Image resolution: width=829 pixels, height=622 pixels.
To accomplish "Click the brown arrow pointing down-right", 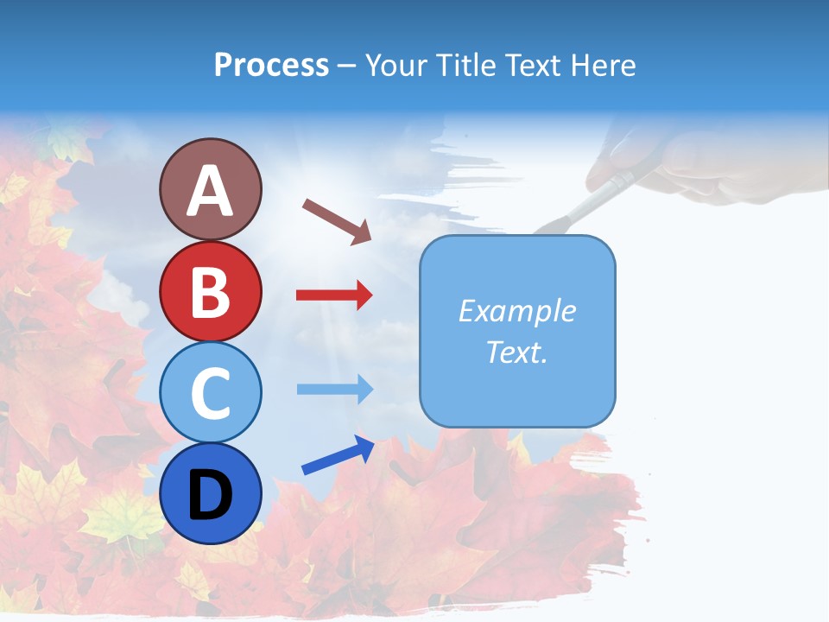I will click(337, 220).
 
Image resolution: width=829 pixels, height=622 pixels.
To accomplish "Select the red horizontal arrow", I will click(335, 295).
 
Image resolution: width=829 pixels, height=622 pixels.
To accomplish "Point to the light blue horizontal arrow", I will click(335, 389).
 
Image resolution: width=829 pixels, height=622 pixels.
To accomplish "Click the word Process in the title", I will click(271, 65).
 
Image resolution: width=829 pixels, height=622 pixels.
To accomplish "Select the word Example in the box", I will click(517, 311).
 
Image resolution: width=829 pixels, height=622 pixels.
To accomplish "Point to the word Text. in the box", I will click(517, 352).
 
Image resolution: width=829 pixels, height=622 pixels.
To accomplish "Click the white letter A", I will click(210, 191).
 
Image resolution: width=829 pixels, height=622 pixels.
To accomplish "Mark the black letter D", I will click(210, 496).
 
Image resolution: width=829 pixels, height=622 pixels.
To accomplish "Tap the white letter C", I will click(210, 394).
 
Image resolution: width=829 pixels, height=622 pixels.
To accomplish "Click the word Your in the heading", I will click(398, 65).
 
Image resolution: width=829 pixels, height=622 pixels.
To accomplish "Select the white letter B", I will click(210, 292).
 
